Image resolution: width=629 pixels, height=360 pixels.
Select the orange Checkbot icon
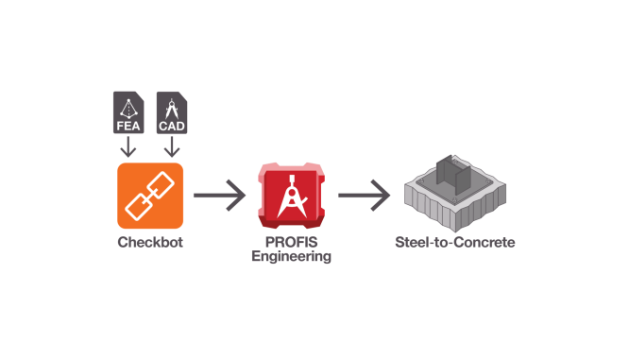[150, 195]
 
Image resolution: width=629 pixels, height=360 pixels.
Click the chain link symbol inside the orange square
[150, 197]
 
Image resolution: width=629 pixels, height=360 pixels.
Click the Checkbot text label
[150, 242]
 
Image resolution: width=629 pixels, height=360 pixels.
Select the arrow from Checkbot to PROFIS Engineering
[219, 197]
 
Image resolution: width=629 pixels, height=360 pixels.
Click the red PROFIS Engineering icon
[292, 197]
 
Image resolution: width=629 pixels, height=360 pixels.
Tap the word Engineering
[291, 256]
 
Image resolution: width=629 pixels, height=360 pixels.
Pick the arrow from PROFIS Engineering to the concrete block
[364, 197]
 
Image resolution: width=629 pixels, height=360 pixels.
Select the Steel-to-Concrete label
[455, 243]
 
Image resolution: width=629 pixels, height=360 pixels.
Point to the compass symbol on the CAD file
[171, 105]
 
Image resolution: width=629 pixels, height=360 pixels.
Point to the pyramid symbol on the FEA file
[127, 105]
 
